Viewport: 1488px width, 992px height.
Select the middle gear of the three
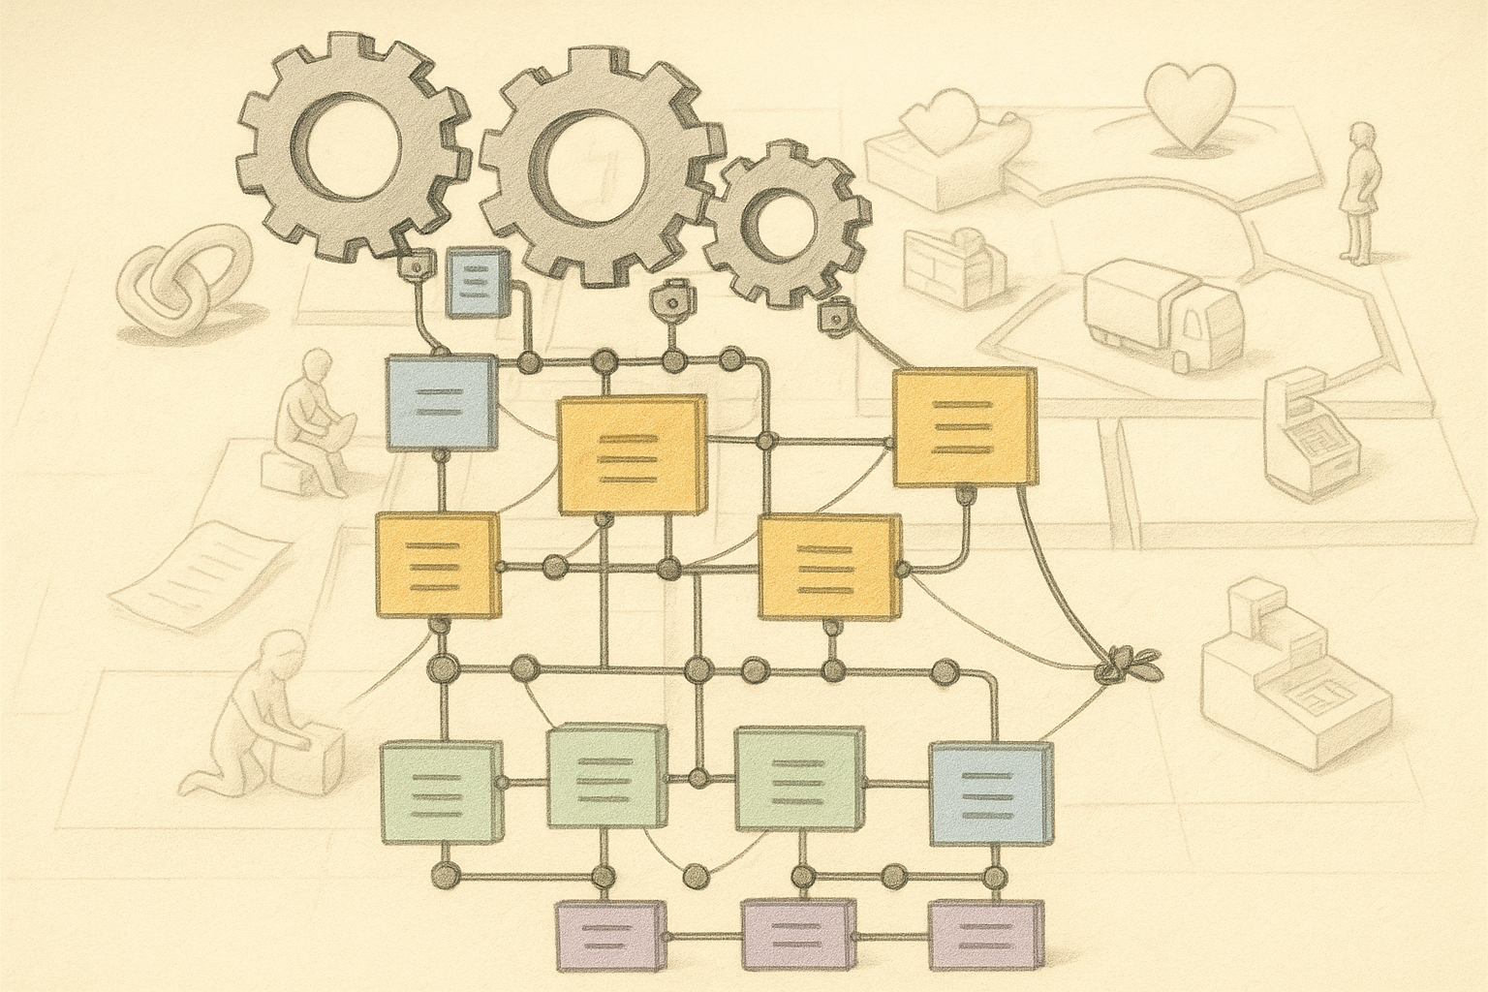[x=600, y=162]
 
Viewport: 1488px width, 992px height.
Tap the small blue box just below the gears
[x=477, y=282]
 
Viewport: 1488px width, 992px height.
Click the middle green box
[x=608, y=779]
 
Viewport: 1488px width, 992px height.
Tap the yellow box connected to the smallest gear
[x=963, y=427]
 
